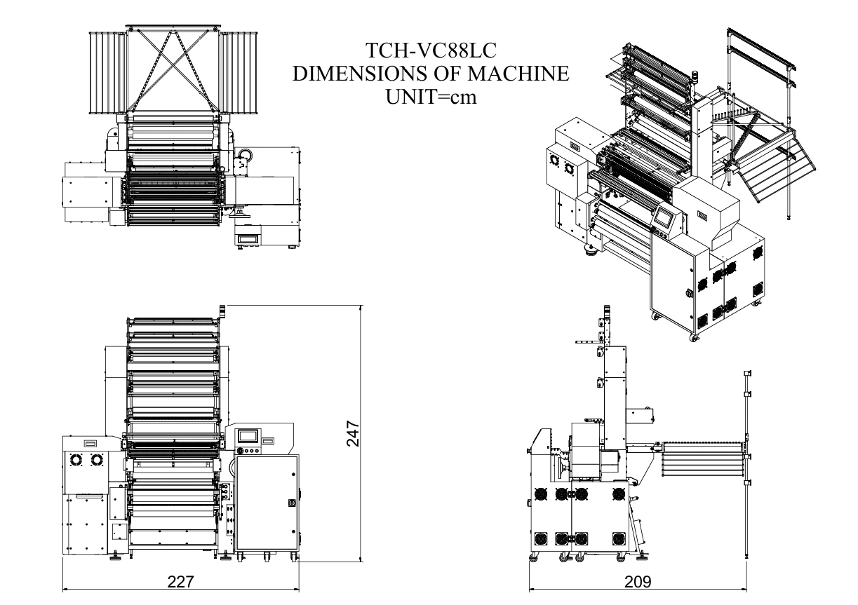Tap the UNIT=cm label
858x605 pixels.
tap(431, 96)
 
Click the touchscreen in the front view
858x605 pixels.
tap(250, 436)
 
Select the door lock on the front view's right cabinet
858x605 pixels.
tap(292, 502)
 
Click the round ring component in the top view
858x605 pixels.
tap(244, 155)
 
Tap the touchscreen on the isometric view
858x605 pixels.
tap(663, 220)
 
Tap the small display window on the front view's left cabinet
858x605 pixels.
tap(90, 443)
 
